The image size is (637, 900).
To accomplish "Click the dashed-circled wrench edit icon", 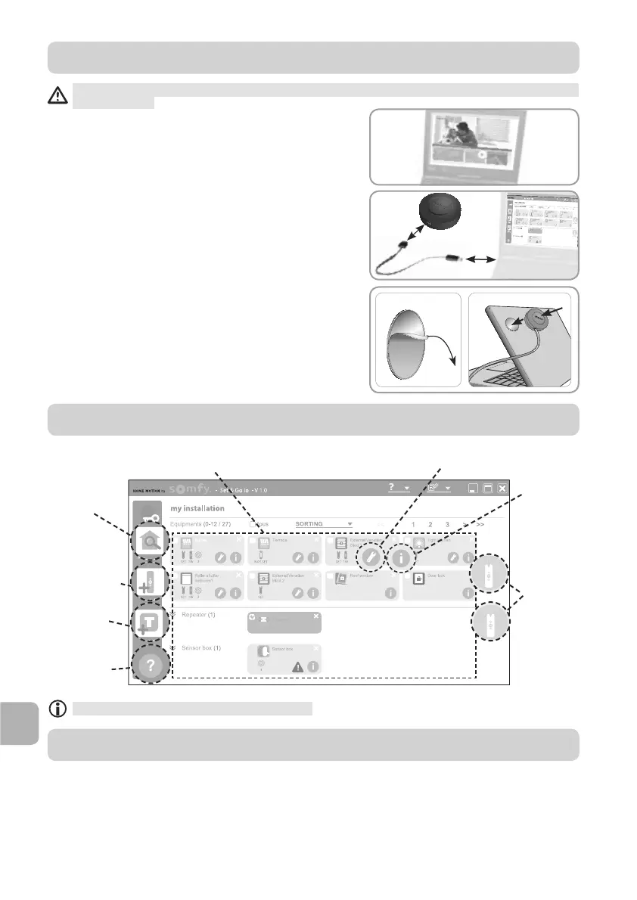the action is click(371, 557).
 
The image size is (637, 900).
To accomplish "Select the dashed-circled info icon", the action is click(402, 557).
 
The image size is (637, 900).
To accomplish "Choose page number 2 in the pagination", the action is click(430, 523).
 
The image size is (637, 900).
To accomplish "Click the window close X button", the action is click(502, 488).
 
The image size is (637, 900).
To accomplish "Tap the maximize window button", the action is click(488, 488).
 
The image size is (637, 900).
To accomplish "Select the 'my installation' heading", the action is click(198, 508).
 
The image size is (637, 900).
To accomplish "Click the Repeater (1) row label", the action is click(198, 615).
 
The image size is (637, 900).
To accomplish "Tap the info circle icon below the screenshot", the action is click(57, 709).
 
